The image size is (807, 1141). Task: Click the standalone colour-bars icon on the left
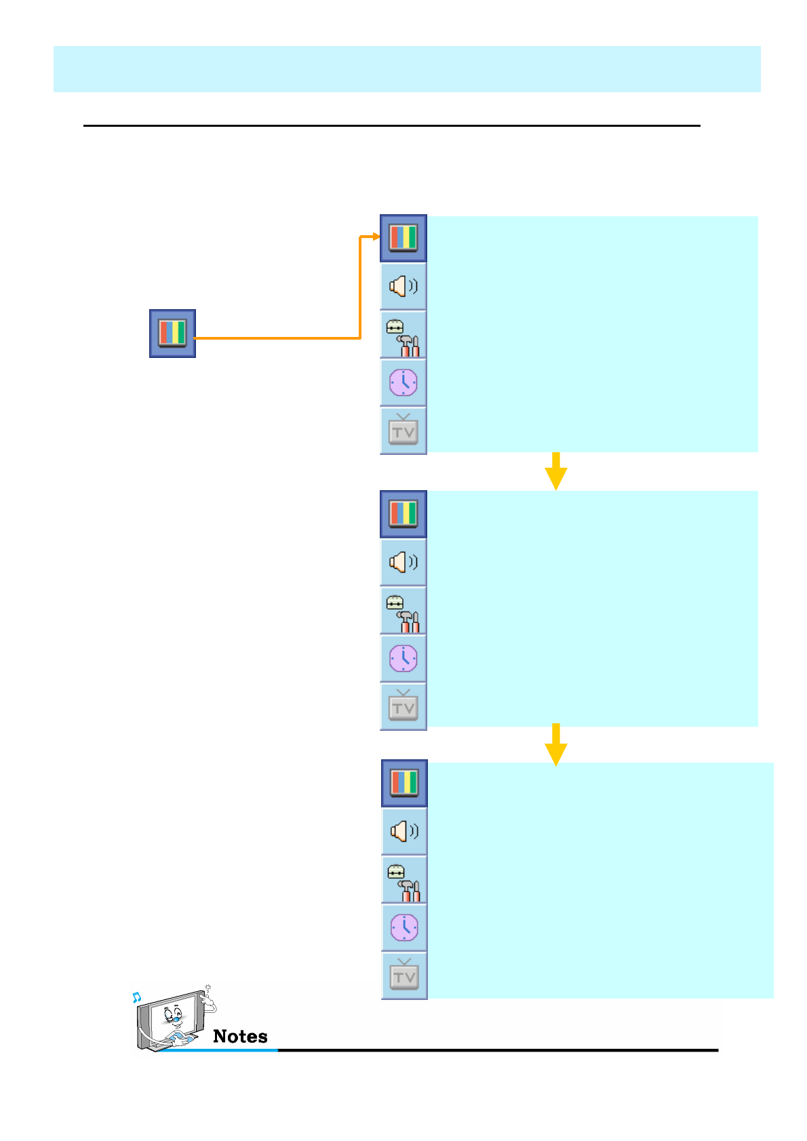pos(172,334)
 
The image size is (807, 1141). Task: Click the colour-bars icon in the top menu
pos(403,238)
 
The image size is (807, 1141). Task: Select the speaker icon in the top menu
pos(403,286)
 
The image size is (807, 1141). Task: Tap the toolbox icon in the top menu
pos(403,336)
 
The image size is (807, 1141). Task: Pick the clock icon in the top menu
pos(403,383)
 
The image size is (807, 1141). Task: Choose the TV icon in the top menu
pos(403,431)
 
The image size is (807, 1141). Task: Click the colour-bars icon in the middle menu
pos(403,514)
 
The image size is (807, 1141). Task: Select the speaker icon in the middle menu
pos(403,562)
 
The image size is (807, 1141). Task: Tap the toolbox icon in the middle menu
pos(403,611)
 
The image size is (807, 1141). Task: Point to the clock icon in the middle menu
pos(403,658)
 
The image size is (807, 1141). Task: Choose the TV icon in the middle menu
pos(403,706)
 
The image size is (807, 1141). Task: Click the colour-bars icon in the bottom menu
pos(404,783)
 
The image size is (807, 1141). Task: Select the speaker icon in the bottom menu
pos(404,831)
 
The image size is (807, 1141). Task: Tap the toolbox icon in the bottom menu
pos(404,880)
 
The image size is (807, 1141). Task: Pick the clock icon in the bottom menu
pos(404,927)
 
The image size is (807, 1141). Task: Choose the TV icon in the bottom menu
pos(404,976)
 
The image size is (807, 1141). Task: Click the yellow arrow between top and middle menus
pos(555,471)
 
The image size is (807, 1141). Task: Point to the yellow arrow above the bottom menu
pos(555,744)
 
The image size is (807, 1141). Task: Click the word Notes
pos(240,1037)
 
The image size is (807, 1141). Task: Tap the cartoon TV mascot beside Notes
pos(173,1019)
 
